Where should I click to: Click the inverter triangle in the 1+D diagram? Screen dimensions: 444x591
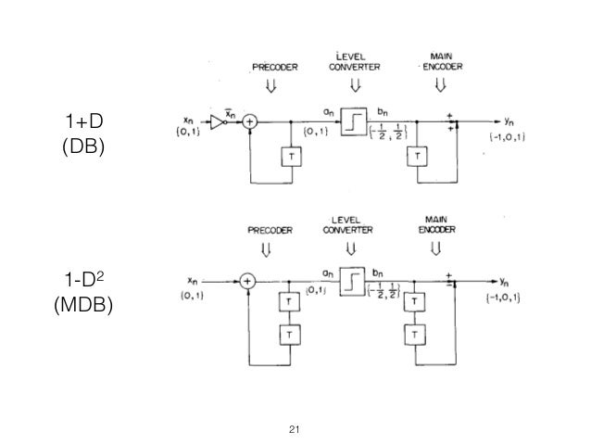216,121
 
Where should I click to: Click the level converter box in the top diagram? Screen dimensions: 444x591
353,121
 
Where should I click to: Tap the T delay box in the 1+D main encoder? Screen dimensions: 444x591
417,155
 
